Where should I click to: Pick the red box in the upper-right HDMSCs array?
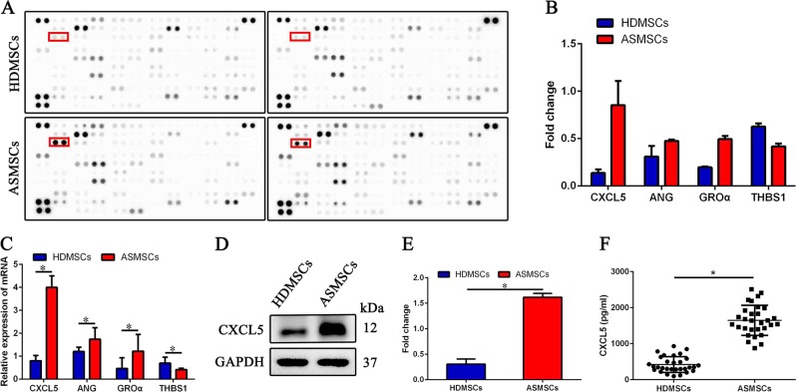(x=300, y=37)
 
